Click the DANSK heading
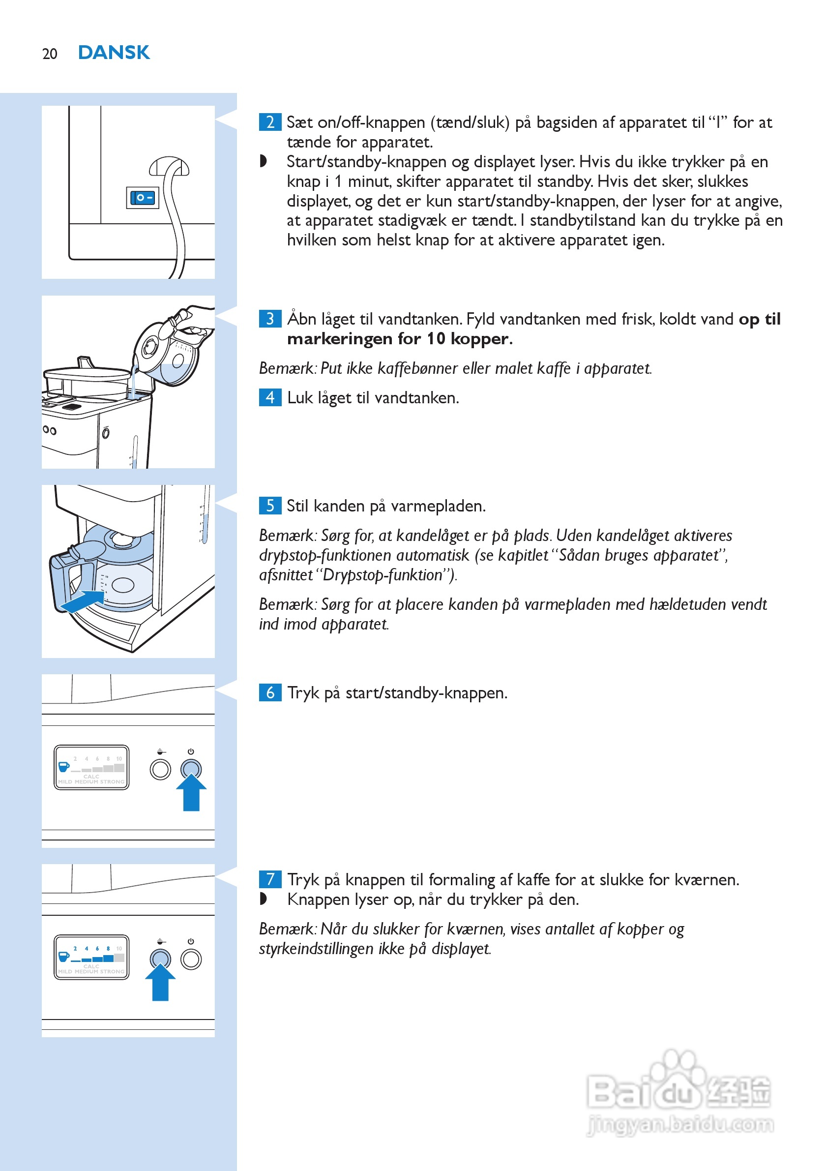[x=114, y=53]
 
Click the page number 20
[x=50, y=54]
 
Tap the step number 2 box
[x=270, y=122]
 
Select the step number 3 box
[x=270, y=319]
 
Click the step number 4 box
[x=270, y=397]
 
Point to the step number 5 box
[x=270, y=506]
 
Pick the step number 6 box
[x=270, y=692]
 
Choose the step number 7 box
[x=270, y=879]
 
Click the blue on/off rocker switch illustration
[x=142, y=198]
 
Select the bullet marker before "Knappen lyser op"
[x=263, y=899]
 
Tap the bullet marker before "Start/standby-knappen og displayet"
[x=263, y=161]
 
